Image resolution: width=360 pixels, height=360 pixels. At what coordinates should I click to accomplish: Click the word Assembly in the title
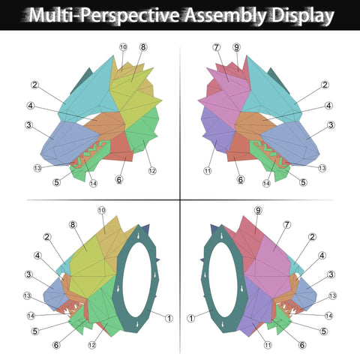225,15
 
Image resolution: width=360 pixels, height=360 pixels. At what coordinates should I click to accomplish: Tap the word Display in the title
302,16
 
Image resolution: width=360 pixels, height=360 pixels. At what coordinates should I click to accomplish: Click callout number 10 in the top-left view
123,47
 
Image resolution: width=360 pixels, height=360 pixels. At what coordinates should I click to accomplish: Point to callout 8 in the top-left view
143,47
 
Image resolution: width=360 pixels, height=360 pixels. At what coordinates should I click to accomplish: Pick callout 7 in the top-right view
217,47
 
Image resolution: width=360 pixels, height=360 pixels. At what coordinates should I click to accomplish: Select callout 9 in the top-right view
236,47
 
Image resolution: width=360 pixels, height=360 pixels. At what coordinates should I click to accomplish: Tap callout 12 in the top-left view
152,171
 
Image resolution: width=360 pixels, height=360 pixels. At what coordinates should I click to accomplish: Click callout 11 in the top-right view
208,171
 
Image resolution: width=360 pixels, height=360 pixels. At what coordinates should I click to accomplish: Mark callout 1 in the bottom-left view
169,318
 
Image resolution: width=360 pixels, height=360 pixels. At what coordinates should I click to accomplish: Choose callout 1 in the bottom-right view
191,318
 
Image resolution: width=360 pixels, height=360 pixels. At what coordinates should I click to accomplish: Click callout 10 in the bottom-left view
101,210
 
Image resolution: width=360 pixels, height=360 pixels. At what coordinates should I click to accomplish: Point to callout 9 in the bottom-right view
258,210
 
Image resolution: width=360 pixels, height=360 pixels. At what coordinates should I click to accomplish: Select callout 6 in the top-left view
119,179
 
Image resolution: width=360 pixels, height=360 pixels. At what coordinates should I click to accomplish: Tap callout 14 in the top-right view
266,183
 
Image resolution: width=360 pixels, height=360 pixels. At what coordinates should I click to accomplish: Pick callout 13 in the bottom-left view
27,296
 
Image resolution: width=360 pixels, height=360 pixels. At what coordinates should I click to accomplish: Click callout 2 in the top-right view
325,85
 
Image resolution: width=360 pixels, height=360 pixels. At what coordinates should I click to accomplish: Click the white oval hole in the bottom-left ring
137,280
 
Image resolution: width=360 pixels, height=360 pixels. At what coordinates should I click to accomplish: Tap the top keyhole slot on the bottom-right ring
222,235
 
